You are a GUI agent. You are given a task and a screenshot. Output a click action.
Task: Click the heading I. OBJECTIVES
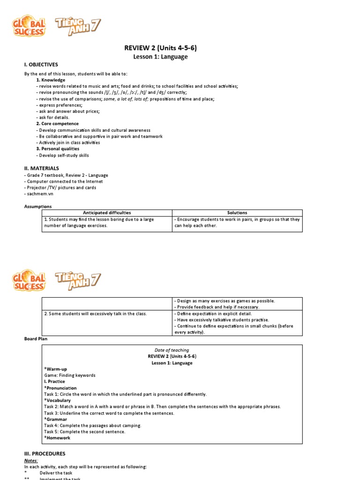tap(41, 65)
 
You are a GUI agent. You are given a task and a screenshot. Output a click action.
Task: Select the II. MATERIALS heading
tap(42, 168)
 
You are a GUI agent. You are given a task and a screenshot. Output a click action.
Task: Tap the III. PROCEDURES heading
tap(45, 454)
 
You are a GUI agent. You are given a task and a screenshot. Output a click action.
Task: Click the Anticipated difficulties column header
tap(107, 213)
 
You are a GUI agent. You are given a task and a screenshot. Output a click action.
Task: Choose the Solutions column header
tap(238, 213)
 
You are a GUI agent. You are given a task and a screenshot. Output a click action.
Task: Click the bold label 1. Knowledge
tap(51, 80)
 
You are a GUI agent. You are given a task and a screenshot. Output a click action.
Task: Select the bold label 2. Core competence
tap(57, 124)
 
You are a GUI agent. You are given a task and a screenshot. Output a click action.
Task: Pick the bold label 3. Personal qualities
tap(57, 149)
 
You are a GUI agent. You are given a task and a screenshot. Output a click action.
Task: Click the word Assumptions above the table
tap(38, 206)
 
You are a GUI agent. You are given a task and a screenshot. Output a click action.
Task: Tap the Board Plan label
tap(36, 338)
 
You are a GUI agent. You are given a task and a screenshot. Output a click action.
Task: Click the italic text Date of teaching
tap(172, 350)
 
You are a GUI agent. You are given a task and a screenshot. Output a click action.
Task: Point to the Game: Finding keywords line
tap(69, 375)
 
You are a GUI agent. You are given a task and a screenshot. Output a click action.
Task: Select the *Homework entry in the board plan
tap(57, 438)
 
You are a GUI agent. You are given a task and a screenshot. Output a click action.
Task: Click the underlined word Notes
tap(31, 461)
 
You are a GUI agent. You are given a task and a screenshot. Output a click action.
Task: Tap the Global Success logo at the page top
tap(29, 26)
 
